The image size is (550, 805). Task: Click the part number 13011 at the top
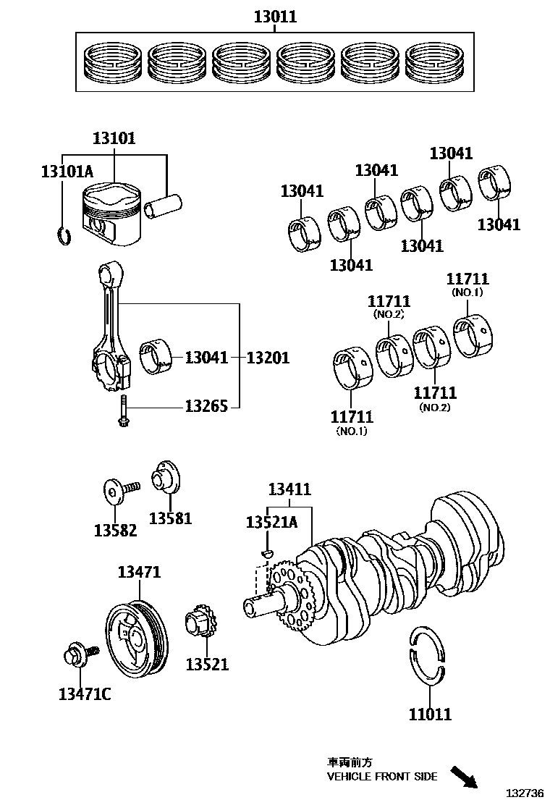pos(275,17)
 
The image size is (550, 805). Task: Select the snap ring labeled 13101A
pos(64,236)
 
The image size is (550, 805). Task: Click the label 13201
pos(268,358)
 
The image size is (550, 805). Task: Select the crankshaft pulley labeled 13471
pos(136,635)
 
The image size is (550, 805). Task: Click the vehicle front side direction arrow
pos(463,776)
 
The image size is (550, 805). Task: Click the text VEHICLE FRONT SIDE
pos(382,777)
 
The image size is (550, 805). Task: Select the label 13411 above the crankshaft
pos(289,490)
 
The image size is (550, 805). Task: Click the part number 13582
pos(115,530)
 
